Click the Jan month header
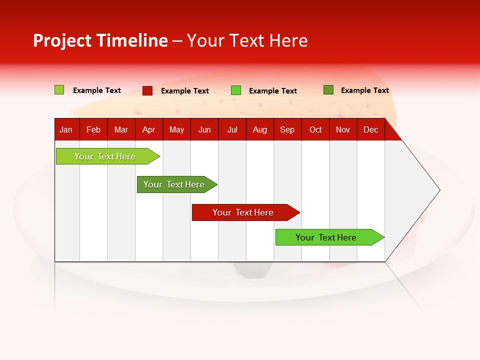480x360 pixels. tap(66, 130)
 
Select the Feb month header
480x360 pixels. tap(93, 130)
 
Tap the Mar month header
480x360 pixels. tap(121, 130)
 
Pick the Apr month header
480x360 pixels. tap(148, 130)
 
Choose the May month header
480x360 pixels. tap(176, 130)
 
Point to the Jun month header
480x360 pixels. tap(204, 130)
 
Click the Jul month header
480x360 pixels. tap(232, 130)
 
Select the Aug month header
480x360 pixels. tap(260, 130)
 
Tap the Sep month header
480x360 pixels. tap(287, 130)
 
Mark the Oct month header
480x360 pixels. tap(315, 130)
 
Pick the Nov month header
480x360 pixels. tap(343, 130)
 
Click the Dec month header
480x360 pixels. tap(371, 130)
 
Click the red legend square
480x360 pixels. tap(147, 90)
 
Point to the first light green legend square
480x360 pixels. tap(59, 90)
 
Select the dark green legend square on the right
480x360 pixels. tap(328, 90)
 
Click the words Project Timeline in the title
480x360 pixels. tap(100, 40)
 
